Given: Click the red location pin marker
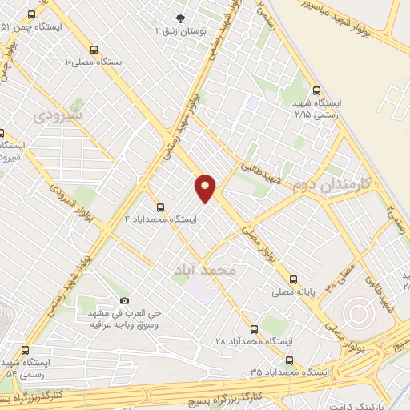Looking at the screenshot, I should point(206,188).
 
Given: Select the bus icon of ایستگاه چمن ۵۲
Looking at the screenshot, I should point(31,16).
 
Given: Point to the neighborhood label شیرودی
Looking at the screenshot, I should point(59,116).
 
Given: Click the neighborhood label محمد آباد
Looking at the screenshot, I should point(205,271).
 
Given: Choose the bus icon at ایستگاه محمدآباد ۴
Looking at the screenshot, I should point(161,207).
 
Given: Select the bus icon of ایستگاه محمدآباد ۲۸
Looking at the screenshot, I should point(254,329).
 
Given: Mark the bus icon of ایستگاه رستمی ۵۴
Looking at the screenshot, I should point(26,350).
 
